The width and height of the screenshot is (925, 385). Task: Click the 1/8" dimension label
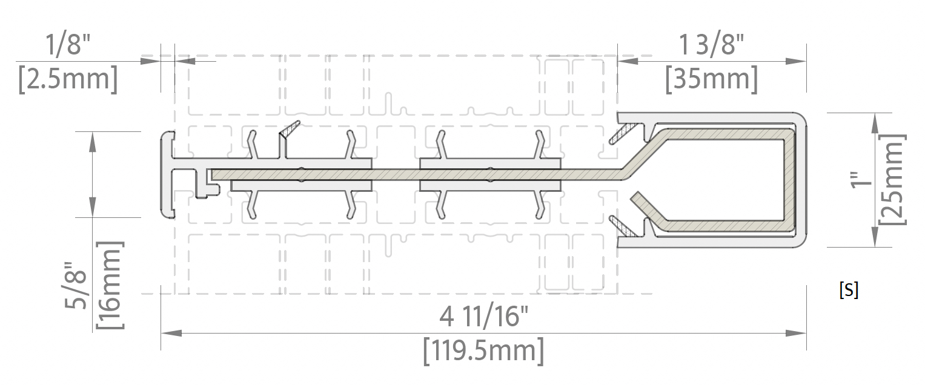(x=68, y=45)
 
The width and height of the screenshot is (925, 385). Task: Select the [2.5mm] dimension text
(x=68, y=79)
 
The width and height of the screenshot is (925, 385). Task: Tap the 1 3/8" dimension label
(x=711, y=45)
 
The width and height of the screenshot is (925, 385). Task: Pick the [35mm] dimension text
(x=712, y=79)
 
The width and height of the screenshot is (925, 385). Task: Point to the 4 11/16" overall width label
(x=483, y=317)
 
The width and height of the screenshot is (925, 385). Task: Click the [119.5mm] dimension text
(x=483, y=350)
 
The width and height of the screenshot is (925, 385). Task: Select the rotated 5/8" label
(x=76, y=285)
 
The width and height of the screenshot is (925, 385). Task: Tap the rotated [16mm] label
(x=110, y=285)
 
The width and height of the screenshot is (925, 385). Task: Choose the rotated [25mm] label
(x=892, y=180)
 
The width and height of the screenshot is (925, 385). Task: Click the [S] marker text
(x=849, y=290)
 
